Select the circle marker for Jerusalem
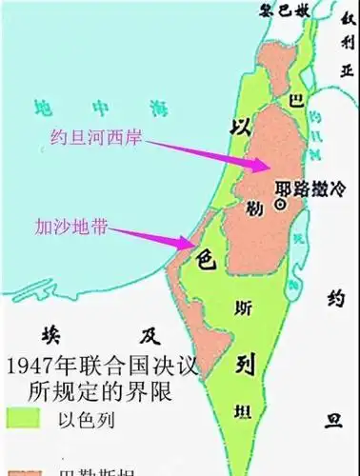[x=280, y=204]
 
